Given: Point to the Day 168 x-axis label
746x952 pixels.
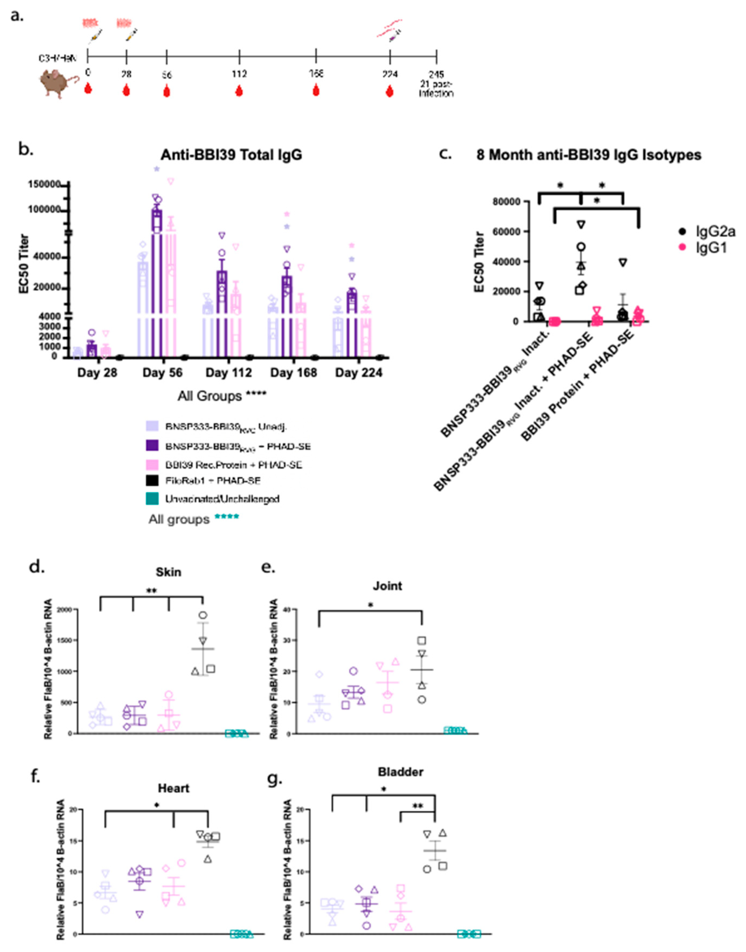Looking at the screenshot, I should (294, 373).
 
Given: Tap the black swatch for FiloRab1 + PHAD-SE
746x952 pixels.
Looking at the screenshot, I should (152, 481).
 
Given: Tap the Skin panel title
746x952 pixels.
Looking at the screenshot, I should (168, 572).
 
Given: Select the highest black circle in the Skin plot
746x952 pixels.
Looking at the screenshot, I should (203, 615).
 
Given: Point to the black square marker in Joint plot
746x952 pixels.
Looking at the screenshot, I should (421, 641).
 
